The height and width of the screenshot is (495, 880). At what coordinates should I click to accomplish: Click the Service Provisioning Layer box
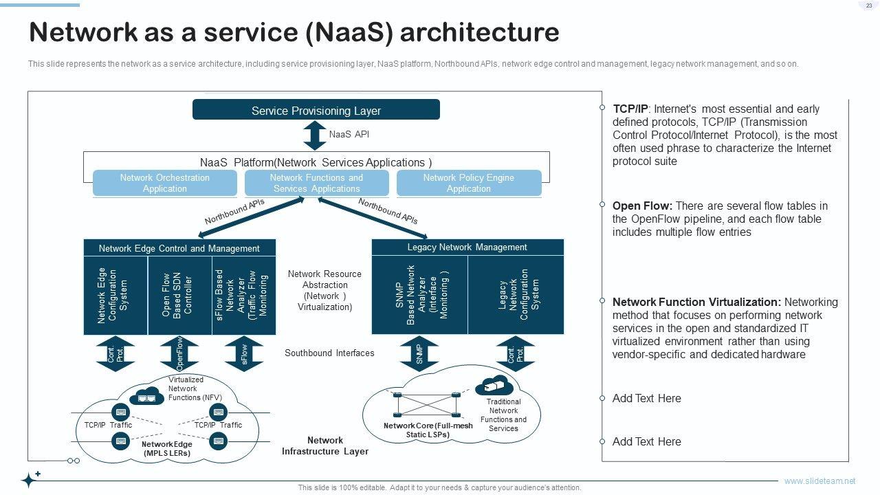click(316, 110)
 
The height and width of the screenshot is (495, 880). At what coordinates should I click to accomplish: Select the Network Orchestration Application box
click(165, 183)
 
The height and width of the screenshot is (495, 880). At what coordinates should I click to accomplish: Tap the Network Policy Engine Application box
click(468, 183)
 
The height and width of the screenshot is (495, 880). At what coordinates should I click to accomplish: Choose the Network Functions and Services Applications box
click(316, 183)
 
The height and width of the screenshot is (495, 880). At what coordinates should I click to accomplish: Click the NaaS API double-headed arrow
click(315, 135)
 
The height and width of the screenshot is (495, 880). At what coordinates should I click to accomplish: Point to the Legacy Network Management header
click(467, 247)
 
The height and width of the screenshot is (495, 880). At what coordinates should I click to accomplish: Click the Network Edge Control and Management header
click(179, 248)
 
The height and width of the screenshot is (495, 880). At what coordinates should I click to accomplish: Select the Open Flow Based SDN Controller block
click(179, 296)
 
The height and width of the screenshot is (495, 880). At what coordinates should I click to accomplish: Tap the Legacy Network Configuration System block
click(516, 296)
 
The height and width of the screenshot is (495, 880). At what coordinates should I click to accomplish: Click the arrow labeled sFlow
click(244, 353)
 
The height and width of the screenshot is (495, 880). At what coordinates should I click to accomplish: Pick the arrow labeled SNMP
click(419, 353)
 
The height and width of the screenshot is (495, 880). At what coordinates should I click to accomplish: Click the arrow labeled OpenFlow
click(179, 353)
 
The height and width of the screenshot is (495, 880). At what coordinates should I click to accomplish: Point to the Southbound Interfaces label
click(329, 353)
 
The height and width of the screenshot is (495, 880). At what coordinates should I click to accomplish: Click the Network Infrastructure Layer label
click(325, 446)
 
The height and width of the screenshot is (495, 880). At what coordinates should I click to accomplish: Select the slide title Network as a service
click(294, 32)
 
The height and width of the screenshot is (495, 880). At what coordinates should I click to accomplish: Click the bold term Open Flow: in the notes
click(642, 206)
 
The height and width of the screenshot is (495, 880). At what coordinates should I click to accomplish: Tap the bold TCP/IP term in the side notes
click(630, 109)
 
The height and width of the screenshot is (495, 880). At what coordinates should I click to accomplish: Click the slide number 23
click(869, 5)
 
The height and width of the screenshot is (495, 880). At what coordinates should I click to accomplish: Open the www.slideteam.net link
click(819, 481)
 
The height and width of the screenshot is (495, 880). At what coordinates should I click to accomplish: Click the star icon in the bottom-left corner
click(30, 479)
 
